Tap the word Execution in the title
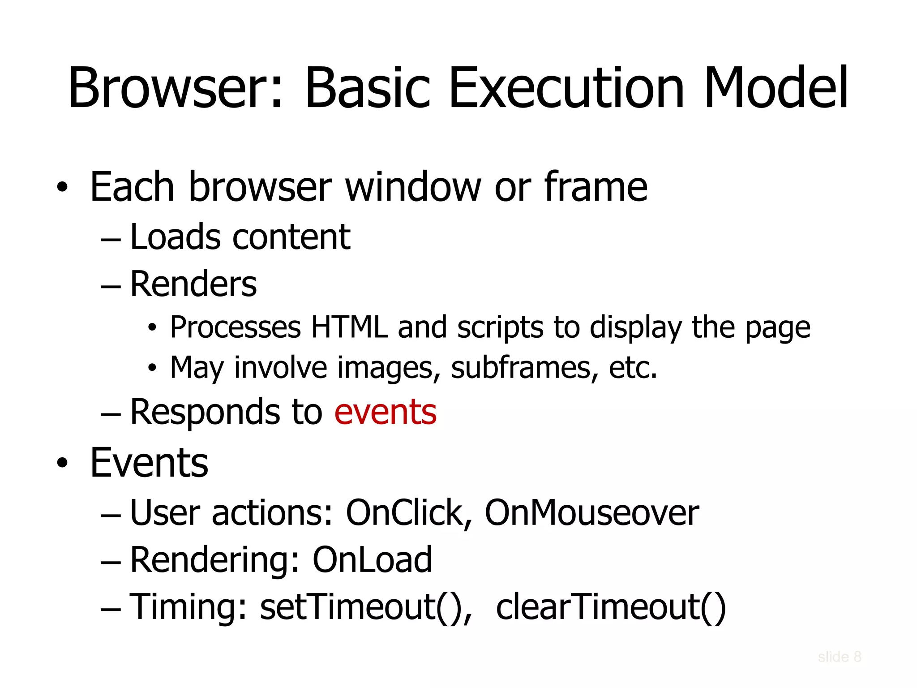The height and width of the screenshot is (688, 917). coord(566,88)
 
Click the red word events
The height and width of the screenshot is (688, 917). coord(385,412)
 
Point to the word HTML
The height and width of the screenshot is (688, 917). coord(349,327)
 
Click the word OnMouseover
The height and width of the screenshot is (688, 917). coord(591,513)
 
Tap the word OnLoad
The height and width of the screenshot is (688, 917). coord(372,560)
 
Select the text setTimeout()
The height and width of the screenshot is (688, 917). coord(365,607)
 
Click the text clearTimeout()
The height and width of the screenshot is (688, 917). coord(611,607)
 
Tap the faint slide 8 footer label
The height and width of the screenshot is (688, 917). coord(840,657)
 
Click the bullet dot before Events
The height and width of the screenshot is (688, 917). coord(62,463)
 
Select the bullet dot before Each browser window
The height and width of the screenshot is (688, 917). coord(62,187)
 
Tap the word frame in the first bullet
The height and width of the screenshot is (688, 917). coord(596,187)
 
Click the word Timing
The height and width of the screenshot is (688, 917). coord(188,607)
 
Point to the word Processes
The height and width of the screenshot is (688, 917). coord(236,327)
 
